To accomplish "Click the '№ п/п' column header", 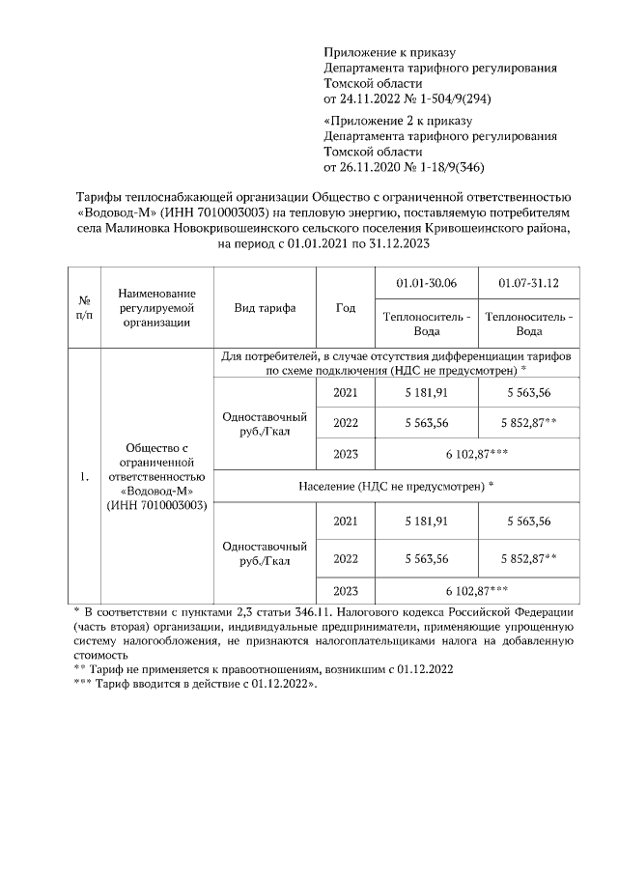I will [x=84, y=308].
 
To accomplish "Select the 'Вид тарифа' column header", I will [x=265, y=308].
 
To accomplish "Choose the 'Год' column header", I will [x=345, y=308].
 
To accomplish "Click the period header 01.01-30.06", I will [x=426, y=282].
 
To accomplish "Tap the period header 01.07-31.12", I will [x=528, y=282].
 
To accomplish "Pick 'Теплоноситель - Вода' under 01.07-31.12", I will [x=528, y=324].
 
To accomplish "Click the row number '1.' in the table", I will [x=84, y=475].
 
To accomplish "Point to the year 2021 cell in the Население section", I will [x=345, y=522].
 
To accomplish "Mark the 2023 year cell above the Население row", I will [x=345, y=454].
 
